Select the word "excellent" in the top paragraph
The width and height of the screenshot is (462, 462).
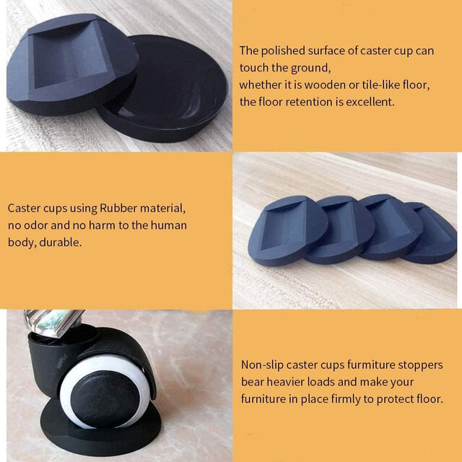pos(370,102)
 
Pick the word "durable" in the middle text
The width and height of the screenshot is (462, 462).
pos(61,243)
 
